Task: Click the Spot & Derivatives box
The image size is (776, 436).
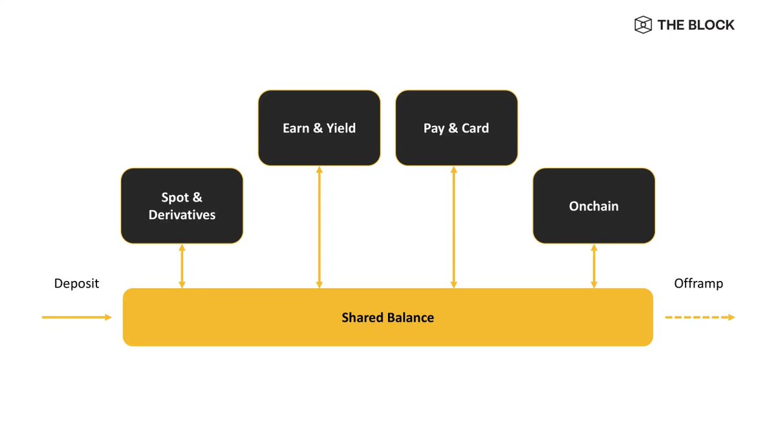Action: tap(182, 206)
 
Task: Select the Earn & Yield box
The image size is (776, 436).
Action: tap(319, 128)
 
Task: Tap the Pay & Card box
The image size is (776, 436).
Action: tap(457, 128)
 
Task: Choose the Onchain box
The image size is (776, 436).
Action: tap(594, 206)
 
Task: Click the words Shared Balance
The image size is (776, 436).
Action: tap(387, 318)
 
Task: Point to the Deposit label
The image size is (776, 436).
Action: tap(76, 284)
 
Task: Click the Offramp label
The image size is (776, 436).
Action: tap(698, 284)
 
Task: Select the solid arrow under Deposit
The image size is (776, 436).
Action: tap(76, 317)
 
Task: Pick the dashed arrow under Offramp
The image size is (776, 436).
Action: tap(700, 317)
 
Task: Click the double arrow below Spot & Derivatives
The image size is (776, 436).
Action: tap(182, 266)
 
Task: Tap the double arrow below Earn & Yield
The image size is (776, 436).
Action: tap(319, 227)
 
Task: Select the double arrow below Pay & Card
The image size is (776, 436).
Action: tap(454, 227)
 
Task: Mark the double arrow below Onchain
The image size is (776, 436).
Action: tap(594, 266)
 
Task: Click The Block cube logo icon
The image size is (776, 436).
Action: tap(643, 25)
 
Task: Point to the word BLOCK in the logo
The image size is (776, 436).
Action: tap(711, 25)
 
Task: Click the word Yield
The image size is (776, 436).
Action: tap(341, 129)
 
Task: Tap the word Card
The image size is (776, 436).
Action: tap(475, 129)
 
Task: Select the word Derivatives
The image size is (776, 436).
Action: tap(182, 215)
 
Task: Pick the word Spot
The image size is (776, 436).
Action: tap(175, 198)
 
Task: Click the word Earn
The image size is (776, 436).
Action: tap(296, 129)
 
